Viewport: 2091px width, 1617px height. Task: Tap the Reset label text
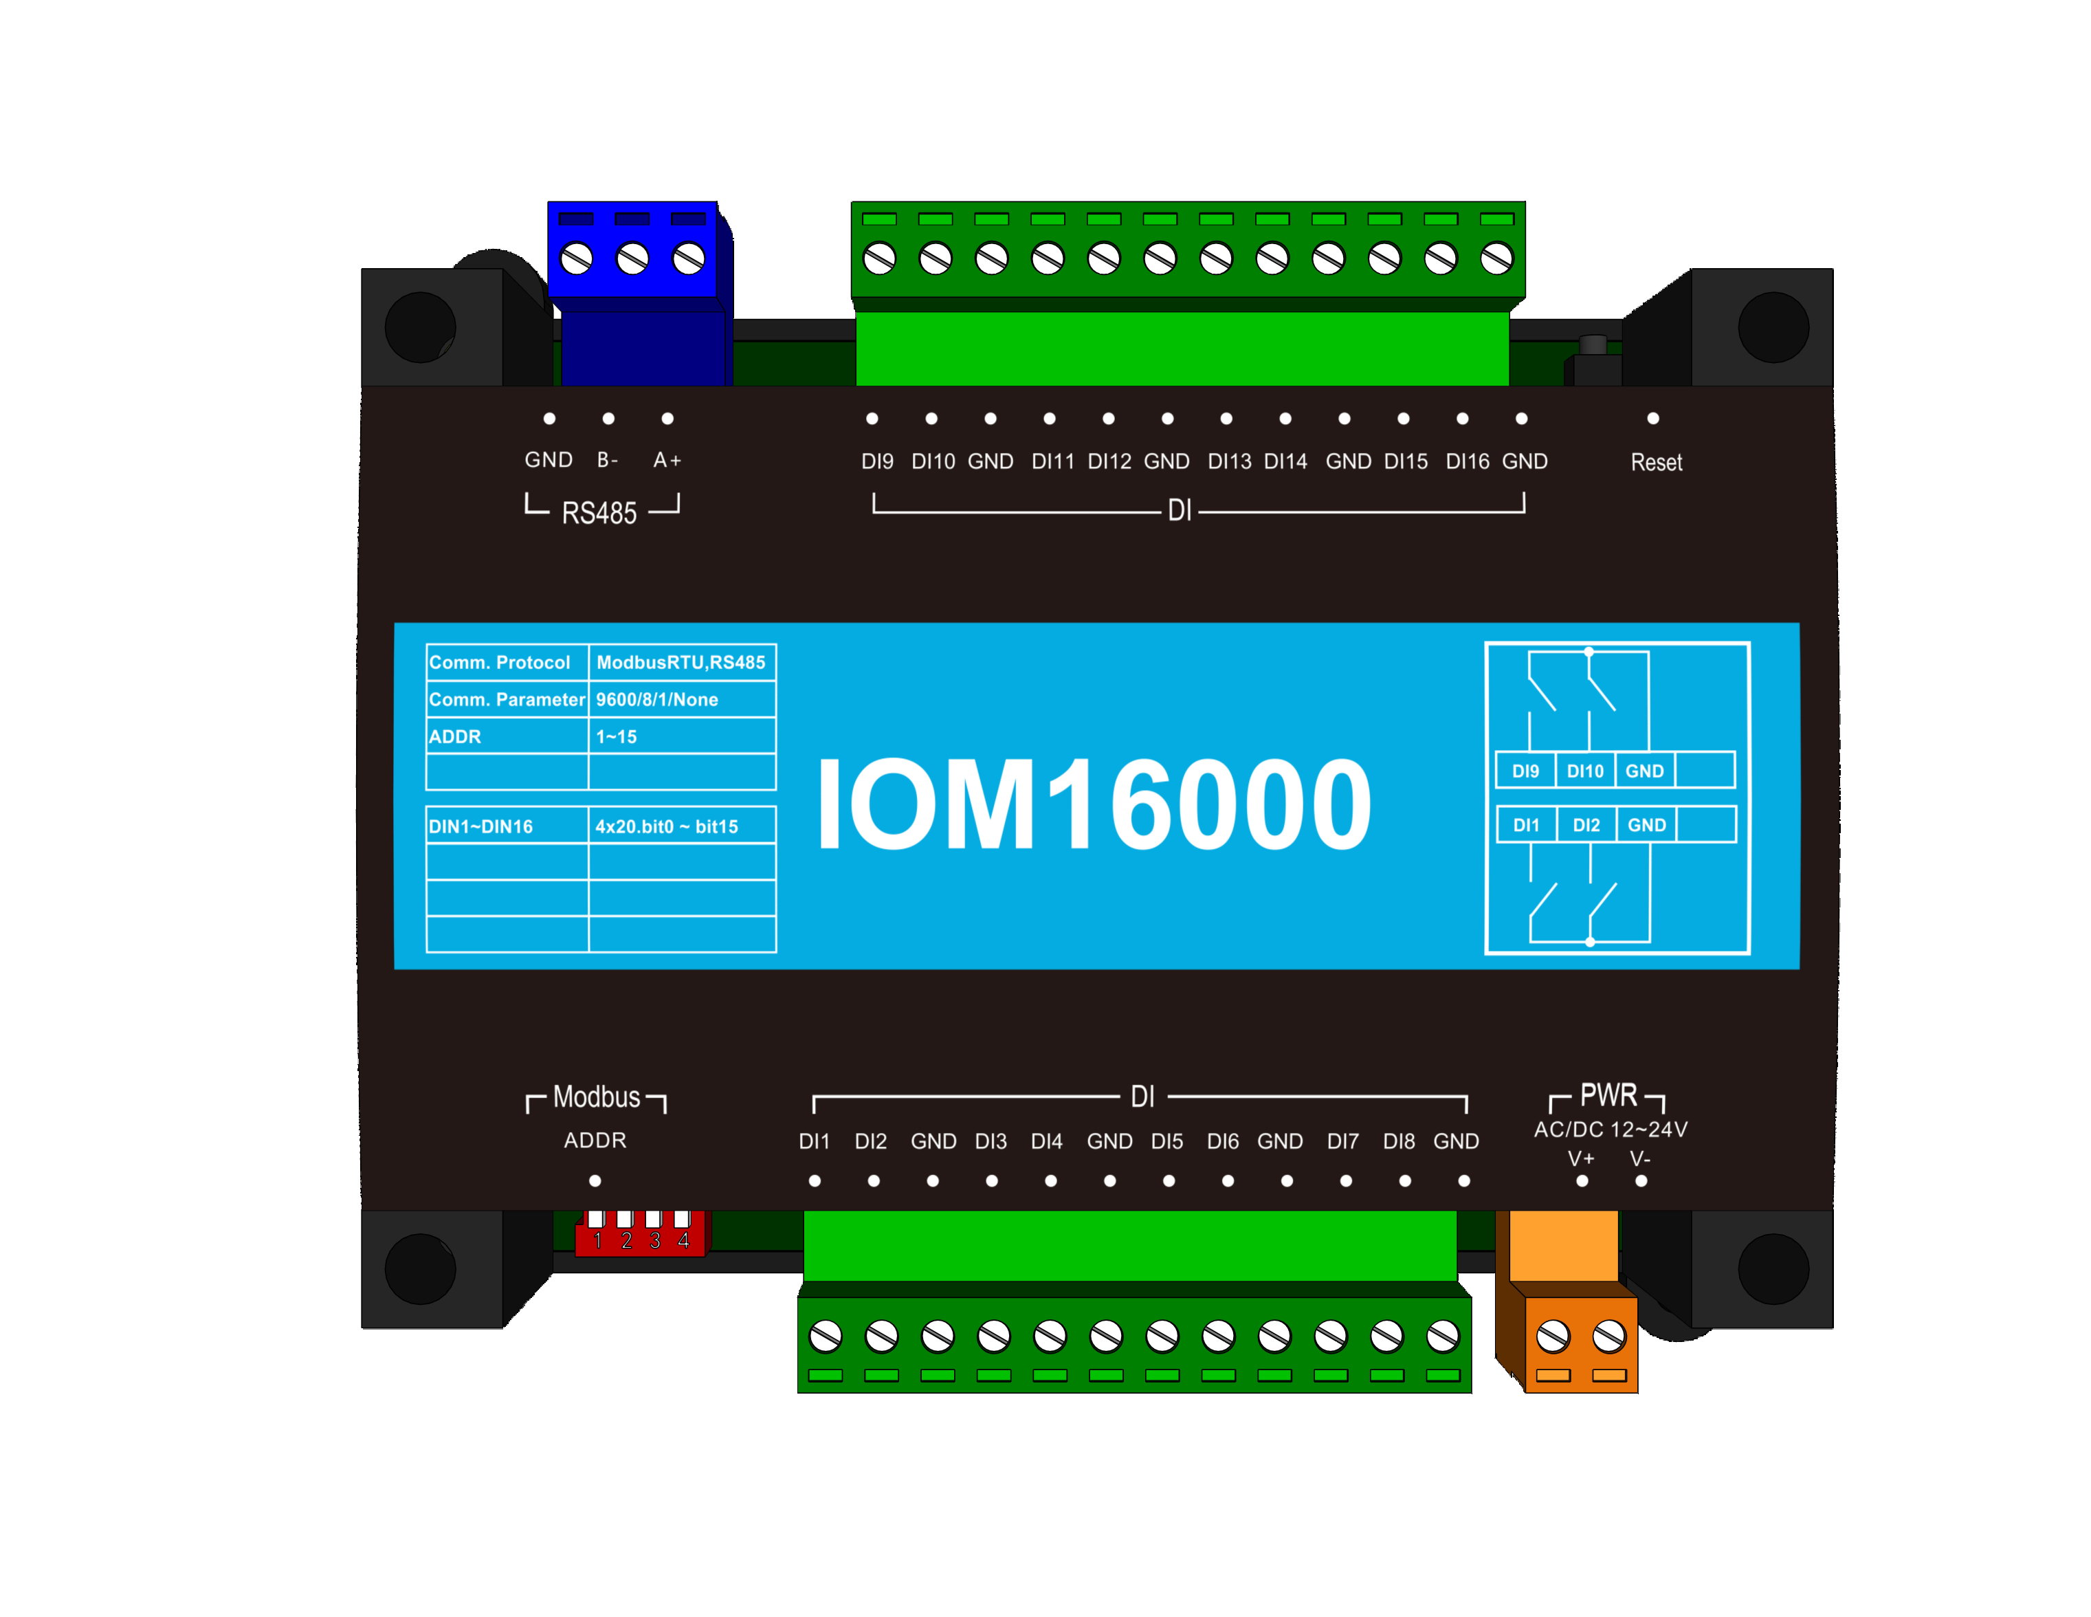1655,463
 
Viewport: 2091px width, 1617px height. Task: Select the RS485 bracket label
599,513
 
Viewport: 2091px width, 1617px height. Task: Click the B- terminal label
608,461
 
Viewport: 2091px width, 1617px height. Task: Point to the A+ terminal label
667,461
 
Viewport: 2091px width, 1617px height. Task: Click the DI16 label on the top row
1467,461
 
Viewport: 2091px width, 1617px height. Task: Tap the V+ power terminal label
1581,1158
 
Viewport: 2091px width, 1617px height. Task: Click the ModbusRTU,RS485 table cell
681,663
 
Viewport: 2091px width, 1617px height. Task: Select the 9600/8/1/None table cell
657,700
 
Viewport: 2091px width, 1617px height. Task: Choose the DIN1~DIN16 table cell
480,827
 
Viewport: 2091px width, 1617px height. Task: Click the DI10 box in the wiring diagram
1584,771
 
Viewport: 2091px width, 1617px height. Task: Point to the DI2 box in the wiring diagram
1586,825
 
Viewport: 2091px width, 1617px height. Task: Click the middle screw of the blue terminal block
632,258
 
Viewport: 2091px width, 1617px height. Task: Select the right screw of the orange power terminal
1608,1336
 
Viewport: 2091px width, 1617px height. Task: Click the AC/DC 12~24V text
1611,1130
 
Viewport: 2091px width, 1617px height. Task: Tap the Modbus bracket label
597,1097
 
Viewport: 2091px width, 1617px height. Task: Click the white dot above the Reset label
1652,419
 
